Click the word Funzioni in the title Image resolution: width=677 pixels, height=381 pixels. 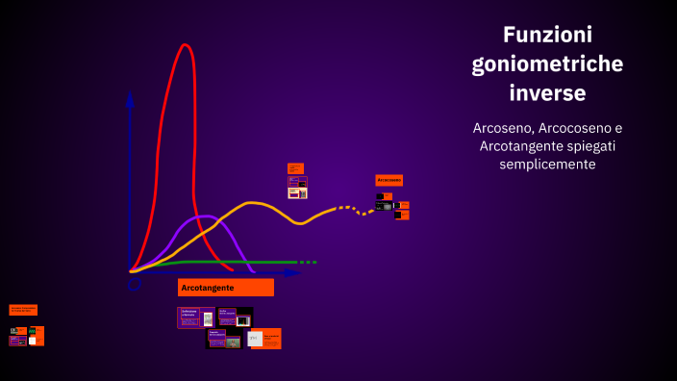tap(547, 35)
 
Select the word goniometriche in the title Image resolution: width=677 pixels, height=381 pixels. tap(547, 64)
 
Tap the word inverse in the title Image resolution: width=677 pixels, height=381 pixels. tap(547, 94)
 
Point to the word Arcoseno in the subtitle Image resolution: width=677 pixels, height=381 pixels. tap(502, 128)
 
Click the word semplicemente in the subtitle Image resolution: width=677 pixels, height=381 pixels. tap(547, 165)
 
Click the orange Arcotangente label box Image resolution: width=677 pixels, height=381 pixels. tap(226, 288)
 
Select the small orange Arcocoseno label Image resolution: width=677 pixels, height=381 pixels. tap(389, 180)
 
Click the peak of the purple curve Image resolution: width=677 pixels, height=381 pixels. tap(207, 216)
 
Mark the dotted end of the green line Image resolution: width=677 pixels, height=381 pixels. tap(307, 262)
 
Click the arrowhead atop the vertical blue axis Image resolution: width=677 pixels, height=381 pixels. tap(130, 98)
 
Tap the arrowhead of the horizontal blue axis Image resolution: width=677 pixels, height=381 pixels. tap(289, 273)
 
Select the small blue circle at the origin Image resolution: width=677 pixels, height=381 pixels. tap(134, 284)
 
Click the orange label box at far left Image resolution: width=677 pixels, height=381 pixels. tap(23, 310)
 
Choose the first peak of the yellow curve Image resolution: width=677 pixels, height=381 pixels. tap(252, 203)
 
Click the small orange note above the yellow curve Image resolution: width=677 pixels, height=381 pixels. tap(295, 168)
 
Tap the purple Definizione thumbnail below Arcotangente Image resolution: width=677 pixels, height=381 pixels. tap(195, 317)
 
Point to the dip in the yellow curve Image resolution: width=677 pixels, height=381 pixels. tap(301, 223)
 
